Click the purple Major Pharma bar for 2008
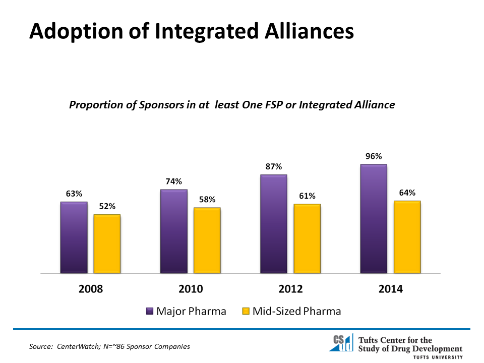point(74,237)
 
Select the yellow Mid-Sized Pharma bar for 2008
point(107,244)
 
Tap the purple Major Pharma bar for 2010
point(173,231)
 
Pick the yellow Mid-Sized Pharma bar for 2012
point(307,238)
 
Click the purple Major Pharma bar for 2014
point(374,219)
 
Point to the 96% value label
point(374,156)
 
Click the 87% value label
point(274,166)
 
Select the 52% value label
point(107,206)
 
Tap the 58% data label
point(207,199)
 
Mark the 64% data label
point(407,193)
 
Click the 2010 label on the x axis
point(191,289)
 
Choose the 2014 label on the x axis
point(391,289)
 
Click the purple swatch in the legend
point(150,312)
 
